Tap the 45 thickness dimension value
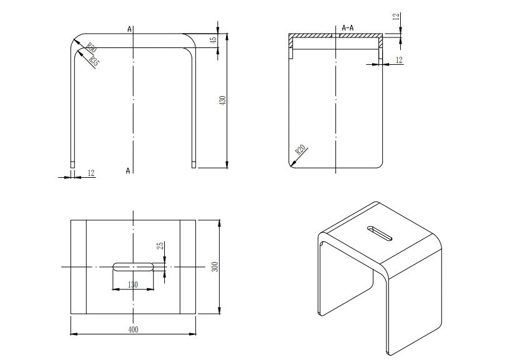pos(214,39)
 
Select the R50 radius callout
pos(91,47)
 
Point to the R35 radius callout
pos(94,61)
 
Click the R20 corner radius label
pos(300,150)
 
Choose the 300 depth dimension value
pos(214,266)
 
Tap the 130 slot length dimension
pos(133,285)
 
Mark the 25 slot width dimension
pos(160,246)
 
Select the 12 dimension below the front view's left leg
pos(91,173)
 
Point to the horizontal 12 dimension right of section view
pos(400,59)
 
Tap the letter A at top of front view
pos(129,28)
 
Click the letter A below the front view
pos(128,170)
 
